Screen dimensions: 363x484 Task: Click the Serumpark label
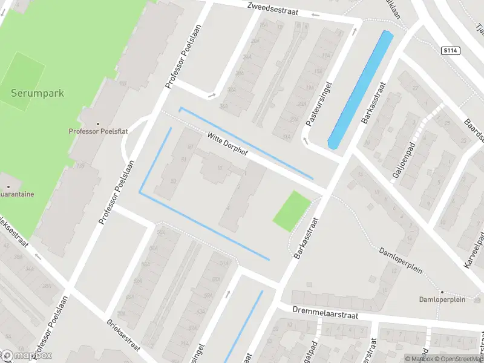37,94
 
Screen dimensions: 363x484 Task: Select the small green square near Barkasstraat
292,211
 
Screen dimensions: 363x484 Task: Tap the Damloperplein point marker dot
442,292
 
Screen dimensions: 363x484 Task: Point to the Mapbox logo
27,355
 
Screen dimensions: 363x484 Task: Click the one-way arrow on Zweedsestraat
315,15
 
